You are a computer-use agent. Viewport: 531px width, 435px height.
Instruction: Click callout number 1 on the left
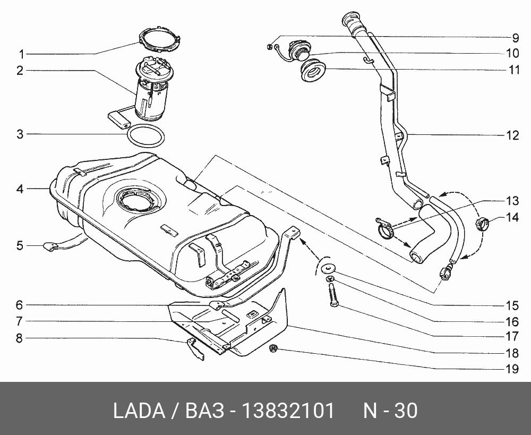[x=21, y=54]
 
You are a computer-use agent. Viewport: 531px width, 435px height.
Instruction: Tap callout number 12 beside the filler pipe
[x=512, y=135]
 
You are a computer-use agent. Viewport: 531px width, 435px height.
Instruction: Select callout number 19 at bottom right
[x=512, y=368]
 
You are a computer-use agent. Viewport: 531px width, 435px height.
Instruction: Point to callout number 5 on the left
[x=20, y=245]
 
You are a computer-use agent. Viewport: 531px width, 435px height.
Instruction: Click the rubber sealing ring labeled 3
[x=145, y=136]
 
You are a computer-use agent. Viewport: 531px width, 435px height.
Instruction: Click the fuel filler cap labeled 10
[x=298, y=51]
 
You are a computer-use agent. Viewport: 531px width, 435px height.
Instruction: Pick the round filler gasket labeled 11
[x=313, y=71]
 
